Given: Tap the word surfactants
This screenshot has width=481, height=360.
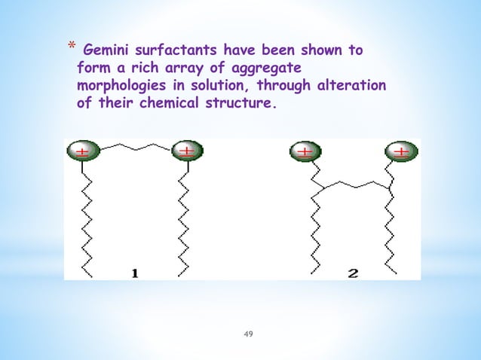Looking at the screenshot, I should point(173,51).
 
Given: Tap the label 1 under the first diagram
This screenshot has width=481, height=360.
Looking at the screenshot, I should point(134,273).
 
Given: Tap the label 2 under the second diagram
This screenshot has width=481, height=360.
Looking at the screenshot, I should point(352,273).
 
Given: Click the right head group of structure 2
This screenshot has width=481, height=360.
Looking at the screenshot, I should point(400,151).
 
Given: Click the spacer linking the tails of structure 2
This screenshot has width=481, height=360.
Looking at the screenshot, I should point(354,185).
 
